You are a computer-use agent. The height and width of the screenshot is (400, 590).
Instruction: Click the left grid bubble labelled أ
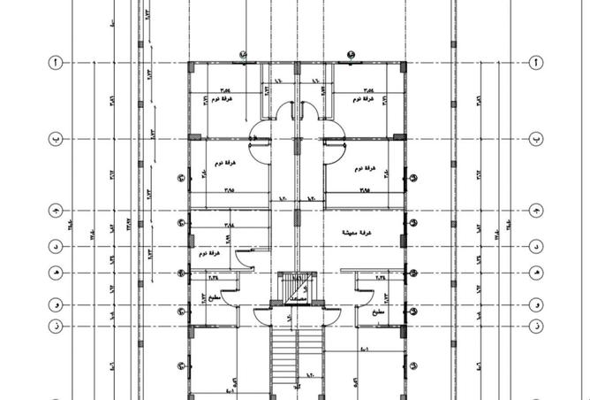click(x=55, y=64)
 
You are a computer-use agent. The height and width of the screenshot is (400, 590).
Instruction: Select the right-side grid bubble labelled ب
click(x=535, y=139)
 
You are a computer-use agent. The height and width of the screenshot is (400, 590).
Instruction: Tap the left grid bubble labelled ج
click(x=55, y=212)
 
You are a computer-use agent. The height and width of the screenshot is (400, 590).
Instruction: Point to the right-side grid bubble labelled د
click(x=535, y=246)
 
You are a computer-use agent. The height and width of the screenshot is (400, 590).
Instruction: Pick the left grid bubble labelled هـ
click(x=55, y=273)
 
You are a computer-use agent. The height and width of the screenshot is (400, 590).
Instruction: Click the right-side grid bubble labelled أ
click(x=535, y=64)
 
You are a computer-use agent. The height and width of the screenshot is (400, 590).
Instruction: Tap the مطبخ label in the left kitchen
click(x=217, y=297)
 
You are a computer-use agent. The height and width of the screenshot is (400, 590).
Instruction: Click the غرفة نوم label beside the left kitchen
click(x=215, y=254)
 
